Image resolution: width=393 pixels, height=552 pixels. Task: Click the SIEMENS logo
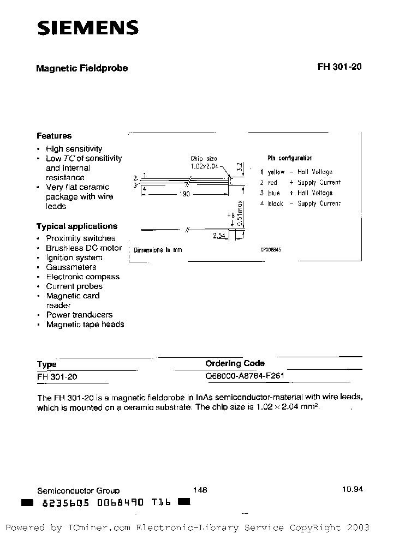pyautogui.click(x=87, y=28)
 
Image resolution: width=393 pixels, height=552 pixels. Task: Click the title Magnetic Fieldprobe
pyautogui.click(x=82, y=68)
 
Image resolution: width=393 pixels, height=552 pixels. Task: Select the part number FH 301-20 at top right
pyautogui.click(x=339, y=68)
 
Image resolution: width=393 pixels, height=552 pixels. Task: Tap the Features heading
pyautogui.click(x=54, y=136)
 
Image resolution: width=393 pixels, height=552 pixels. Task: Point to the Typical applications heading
pyautogui.click(x=77, y=226)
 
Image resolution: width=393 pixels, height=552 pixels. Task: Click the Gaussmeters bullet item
pyautogui.click(x=71, y=267)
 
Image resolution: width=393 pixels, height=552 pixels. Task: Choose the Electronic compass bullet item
pyautogui.click(x=82, y=277)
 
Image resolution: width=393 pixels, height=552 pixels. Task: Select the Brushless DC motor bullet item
pyautogui.click(x=84, y=248)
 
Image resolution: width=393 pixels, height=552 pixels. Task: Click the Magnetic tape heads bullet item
pyautogui.click(x=85, y=324)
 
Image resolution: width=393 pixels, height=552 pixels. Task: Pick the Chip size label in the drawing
pyautogui.click(x=204, y=159)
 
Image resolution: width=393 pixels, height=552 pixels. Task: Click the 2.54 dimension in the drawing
pyautogui.click(x=220, y=236)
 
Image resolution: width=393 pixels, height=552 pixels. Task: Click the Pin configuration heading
pyautogui.click(x=290, y=158)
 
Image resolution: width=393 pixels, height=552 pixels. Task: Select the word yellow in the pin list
pyautogui.click(x=276, y=172)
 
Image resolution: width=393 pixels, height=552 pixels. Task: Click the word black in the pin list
pyautogui.click(x=275, y=203)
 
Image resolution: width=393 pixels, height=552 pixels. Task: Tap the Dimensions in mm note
pyautogui.click(x=158, y=250)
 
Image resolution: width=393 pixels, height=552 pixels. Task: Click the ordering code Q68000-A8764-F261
pyautogui.click(x=245, y=376)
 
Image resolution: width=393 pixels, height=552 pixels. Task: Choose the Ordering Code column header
pyautogui.click(x=235, y=363)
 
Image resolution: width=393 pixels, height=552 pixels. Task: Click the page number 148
pyautogui.click(x=200, y=490)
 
